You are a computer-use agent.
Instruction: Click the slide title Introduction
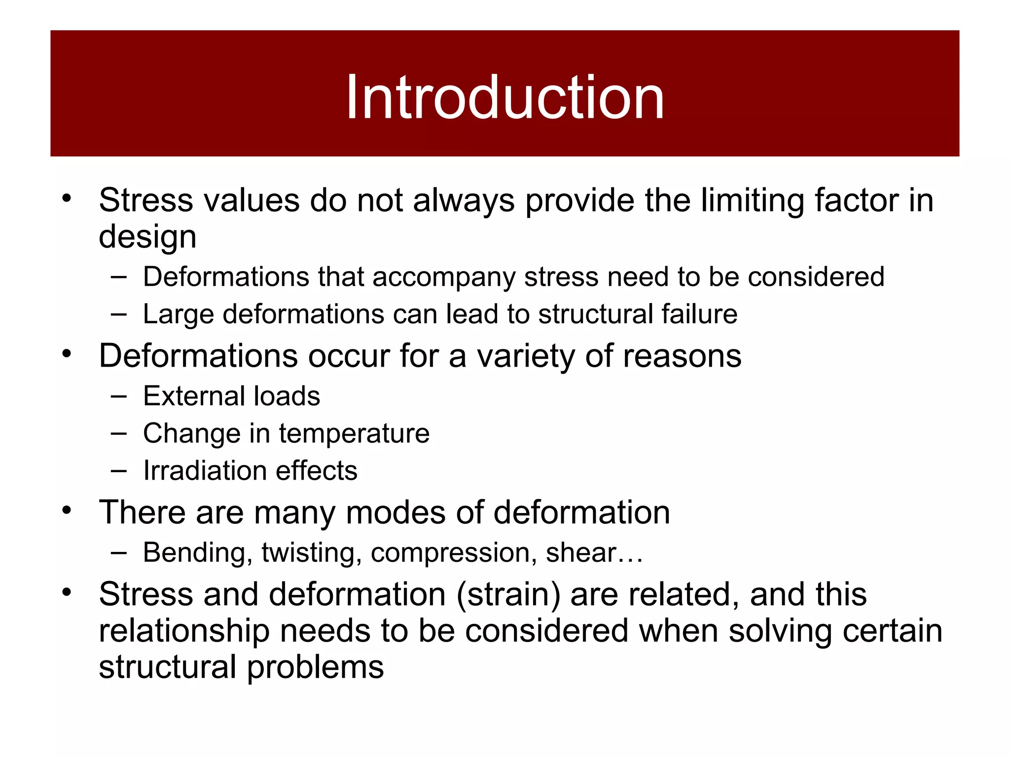pos(505,97)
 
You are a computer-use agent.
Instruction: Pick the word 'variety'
pos(525,356)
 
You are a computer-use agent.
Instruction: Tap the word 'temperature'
pos(354,434)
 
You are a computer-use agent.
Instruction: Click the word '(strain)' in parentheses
pos(508,594)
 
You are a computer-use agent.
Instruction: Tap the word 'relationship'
pos(184,631)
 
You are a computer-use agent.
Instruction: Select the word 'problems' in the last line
pos(315,668)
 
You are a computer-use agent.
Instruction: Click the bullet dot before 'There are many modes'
pos(67,510)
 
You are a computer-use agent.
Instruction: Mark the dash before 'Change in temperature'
pos(118,433)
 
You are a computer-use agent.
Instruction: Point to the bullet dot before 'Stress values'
pos(67,198)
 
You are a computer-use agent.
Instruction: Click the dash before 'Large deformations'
pos(118,314)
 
